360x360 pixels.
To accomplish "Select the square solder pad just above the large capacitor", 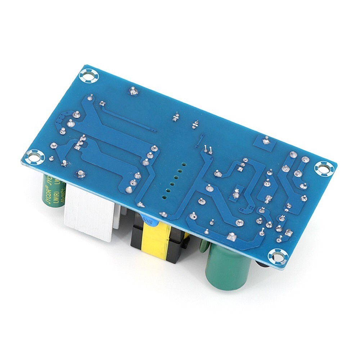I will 231,236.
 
